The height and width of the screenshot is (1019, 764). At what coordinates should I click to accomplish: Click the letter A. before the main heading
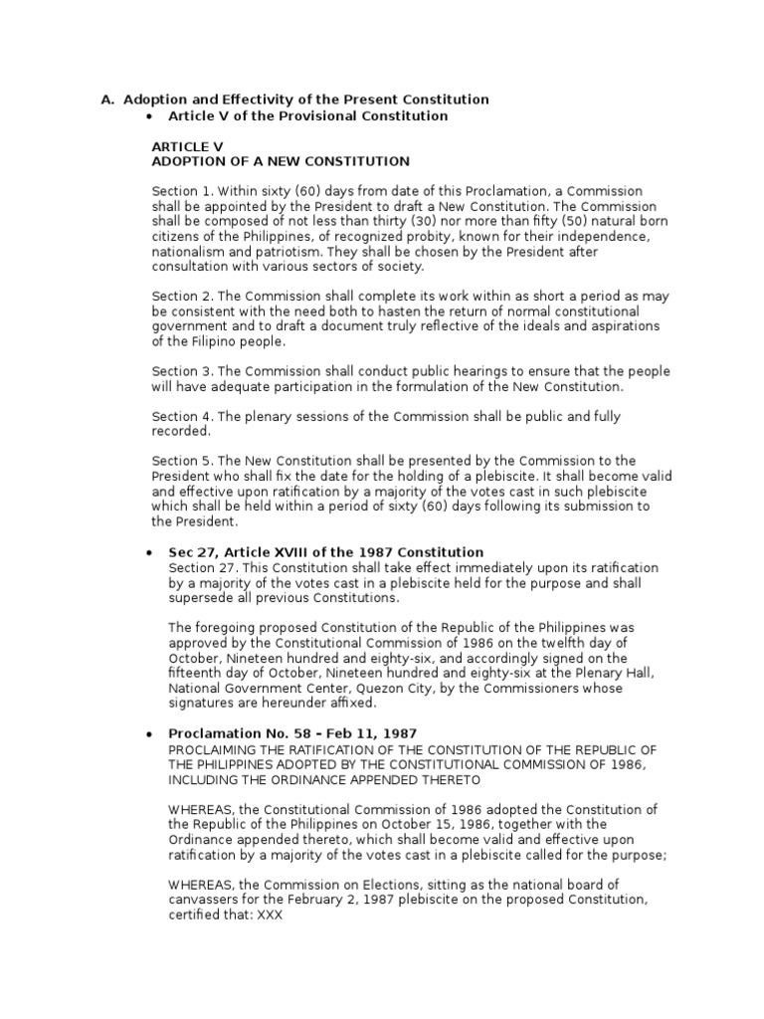[108, 100]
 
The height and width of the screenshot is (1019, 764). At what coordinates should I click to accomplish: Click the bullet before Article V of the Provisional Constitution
[148, 116]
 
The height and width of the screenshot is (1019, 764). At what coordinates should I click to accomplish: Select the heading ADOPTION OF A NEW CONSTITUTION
[280, 161]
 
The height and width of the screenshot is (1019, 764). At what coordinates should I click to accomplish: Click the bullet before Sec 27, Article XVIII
[148, 552]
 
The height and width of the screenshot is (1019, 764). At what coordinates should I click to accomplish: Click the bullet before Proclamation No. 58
[148, 732]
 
